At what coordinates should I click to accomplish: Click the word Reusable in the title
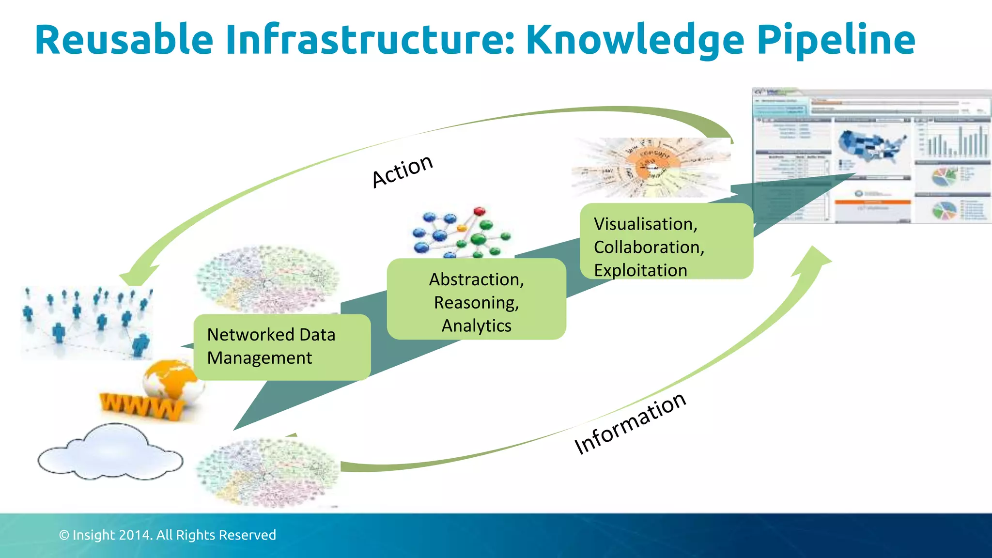tap(124, 40)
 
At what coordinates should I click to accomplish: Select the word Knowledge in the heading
tap(635, 41)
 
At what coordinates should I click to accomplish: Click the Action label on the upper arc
tap(402, 170)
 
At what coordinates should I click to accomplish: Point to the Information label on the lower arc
tap(630, 424)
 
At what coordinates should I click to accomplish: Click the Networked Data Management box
tap(282, 347)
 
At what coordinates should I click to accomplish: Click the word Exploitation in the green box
tap(640, 270)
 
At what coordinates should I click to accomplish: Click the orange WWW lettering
tap(140, 406)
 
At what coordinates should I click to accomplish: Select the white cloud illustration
tap(110, 452)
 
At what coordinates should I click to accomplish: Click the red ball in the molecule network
tap(479, 212)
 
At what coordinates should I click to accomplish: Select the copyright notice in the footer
tap(167, 535)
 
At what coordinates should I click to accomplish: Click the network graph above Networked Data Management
tap(267, 279)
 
